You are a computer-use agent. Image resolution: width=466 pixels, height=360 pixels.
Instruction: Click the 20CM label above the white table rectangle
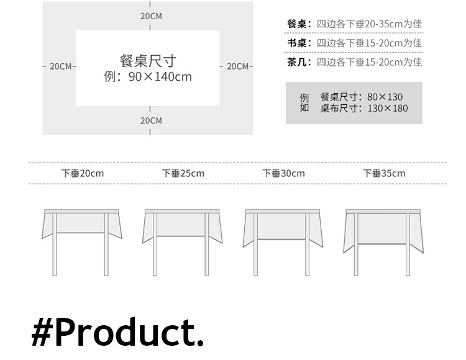click(x=150, y=16)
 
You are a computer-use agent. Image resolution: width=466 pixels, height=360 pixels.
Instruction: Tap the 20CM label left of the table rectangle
click(x=60, y=66)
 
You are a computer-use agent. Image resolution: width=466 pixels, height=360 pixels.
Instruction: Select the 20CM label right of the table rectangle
click(x=237, y=66)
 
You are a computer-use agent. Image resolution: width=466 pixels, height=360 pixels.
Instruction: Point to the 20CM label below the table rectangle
click(x=150, y=120)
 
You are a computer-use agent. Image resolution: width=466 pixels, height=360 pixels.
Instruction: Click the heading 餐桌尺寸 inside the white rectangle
click(x=148, y=61)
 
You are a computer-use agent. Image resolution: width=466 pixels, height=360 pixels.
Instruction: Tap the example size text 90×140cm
click(x=160, y=77)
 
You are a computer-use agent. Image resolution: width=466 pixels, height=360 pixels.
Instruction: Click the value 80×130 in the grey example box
click(x=385, y=97)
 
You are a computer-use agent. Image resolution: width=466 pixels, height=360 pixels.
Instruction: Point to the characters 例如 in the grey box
click(x=304, y=102)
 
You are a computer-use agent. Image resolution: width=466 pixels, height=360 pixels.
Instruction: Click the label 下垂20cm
click(x=83, y=173)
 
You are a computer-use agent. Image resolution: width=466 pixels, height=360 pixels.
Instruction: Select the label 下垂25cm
click(x=183, y=173)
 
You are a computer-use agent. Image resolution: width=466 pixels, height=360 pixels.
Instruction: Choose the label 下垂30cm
click(x=283, y=173)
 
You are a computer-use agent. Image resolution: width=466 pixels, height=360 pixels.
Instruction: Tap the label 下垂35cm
click(x=384, y=173)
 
